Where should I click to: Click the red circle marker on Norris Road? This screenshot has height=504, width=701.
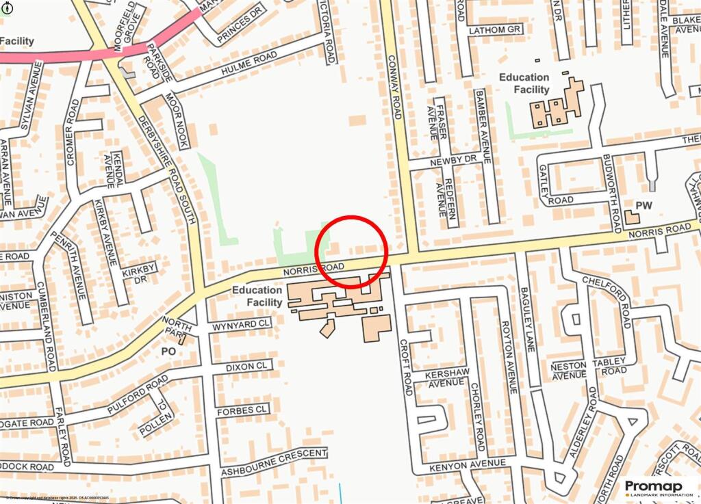[x=352, y=252]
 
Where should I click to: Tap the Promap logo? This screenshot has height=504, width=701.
[x=658, y=487]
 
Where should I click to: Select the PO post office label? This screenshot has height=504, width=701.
[x=168, y=351]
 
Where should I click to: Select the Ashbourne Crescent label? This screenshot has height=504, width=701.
[x=273, y=463]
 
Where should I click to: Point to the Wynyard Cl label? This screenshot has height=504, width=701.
[x=241, y=324]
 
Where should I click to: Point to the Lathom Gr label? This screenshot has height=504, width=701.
[x=496, y=30]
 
